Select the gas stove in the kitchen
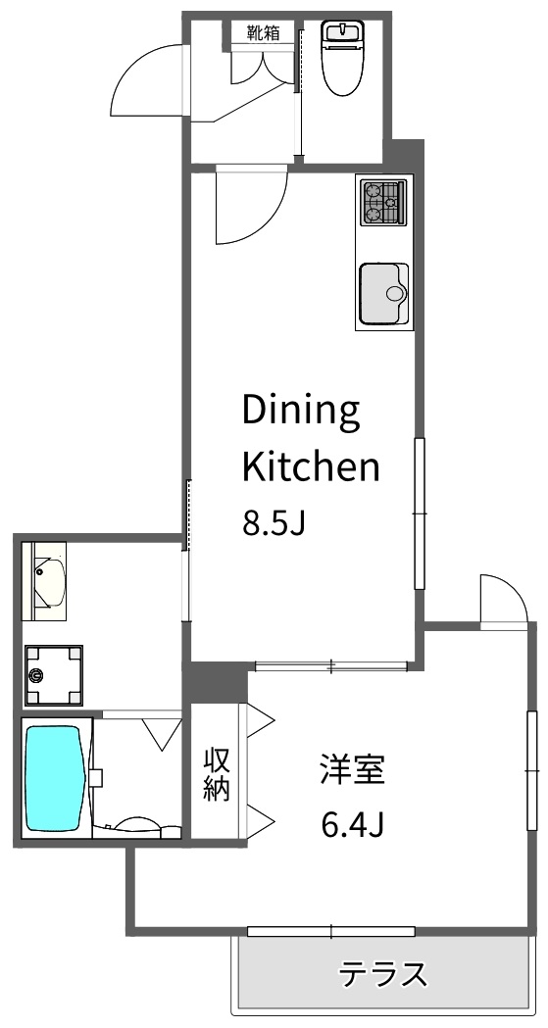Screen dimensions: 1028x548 383,202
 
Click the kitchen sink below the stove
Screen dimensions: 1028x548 383,293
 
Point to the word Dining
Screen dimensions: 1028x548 301,412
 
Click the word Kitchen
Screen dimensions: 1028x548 310,467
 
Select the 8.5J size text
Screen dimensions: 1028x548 274,524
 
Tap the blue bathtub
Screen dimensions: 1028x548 54,778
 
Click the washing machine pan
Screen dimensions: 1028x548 54,674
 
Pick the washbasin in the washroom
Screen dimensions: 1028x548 48,582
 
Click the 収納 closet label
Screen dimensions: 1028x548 216,774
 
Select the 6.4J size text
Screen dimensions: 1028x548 351,825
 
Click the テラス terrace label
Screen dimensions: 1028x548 383,975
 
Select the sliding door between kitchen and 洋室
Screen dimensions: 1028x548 330,667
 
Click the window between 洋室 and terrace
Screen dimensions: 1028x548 330,930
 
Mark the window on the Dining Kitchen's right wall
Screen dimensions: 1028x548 420,514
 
